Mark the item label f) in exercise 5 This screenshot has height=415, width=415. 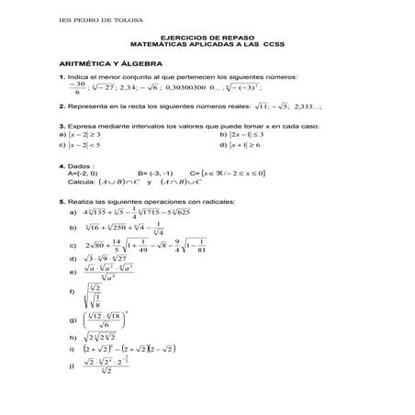73,291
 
